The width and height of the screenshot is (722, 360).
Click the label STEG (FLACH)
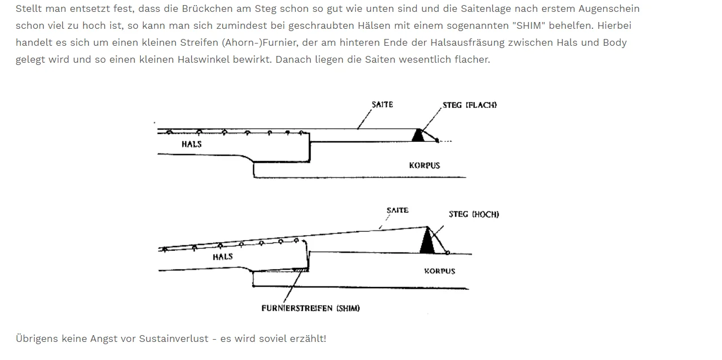(470, 105)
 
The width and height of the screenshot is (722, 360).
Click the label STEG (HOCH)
(474, 214)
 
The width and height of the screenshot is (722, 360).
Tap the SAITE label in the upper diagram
(382, 105)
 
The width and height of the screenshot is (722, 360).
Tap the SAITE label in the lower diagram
(397, 210)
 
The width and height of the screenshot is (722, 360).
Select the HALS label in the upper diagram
(192, 144)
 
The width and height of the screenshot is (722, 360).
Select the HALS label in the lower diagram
(223, 257)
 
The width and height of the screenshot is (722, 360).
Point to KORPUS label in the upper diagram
(425, 166)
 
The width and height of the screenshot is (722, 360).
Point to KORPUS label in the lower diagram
(440, 271)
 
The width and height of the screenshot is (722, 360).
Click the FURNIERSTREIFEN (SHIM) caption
(310, 309)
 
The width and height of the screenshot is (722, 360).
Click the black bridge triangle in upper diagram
(418, 136)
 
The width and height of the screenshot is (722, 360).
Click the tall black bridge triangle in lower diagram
(427, 240)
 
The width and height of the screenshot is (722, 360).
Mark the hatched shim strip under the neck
(300, 270)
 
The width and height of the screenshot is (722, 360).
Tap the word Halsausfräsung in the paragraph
(468, 43)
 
